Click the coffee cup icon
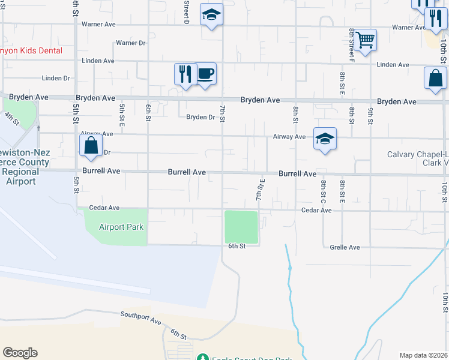(x=206, y=74)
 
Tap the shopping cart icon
(x=365, y=40)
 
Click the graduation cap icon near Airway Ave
(x=325, y=139)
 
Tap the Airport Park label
(x=117, y=227)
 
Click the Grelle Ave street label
(x=345, y=247)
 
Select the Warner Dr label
(x=131, y=43)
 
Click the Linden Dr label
(x=56, y=78)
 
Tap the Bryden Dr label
(x=200, y=117)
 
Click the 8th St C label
(x=323, y=191)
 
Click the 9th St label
(x=371, y=114)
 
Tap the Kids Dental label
(x=30, y=51)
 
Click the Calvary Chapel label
(x=417, y=154)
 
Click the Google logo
(x=20, y=353)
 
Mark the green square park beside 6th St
(x=241, y=227)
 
